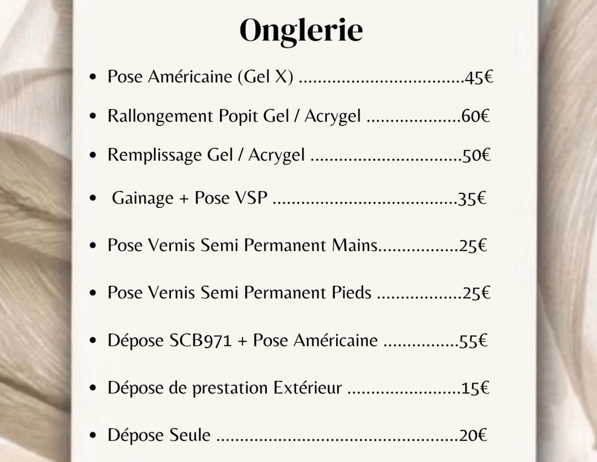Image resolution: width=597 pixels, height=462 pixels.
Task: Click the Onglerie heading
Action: coord(301,31)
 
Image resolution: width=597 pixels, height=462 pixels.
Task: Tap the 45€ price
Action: coord(479,78)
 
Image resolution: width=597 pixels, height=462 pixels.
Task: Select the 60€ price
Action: coord(475,116)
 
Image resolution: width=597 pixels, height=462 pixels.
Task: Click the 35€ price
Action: coord(472,199)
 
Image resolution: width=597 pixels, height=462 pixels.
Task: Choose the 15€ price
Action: coord(475,389)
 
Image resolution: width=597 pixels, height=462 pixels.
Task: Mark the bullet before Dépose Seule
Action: coord(93,436)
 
